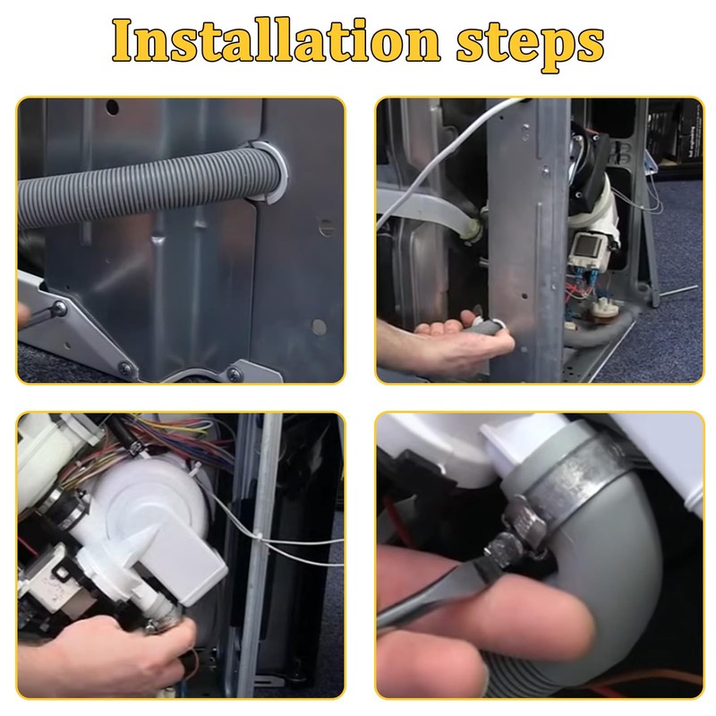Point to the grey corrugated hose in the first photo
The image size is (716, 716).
134,183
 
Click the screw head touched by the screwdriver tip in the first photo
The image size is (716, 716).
58,310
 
